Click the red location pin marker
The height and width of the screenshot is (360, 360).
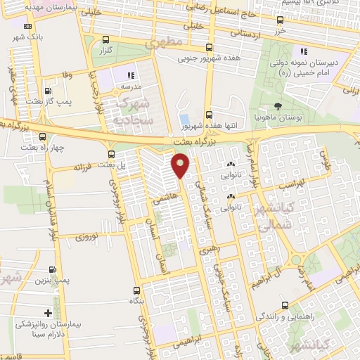[181, 165]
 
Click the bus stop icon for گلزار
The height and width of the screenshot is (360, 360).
[105, 40]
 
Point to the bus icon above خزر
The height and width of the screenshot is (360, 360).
[281, 20]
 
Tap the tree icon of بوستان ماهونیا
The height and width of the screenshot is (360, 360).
[278, 107]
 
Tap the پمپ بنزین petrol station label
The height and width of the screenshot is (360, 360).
[50, 280]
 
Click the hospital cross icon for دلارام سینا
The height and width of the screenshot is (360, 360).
[48, 313]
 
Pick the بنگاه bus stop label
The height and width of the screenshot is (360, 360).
[135, 300]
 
